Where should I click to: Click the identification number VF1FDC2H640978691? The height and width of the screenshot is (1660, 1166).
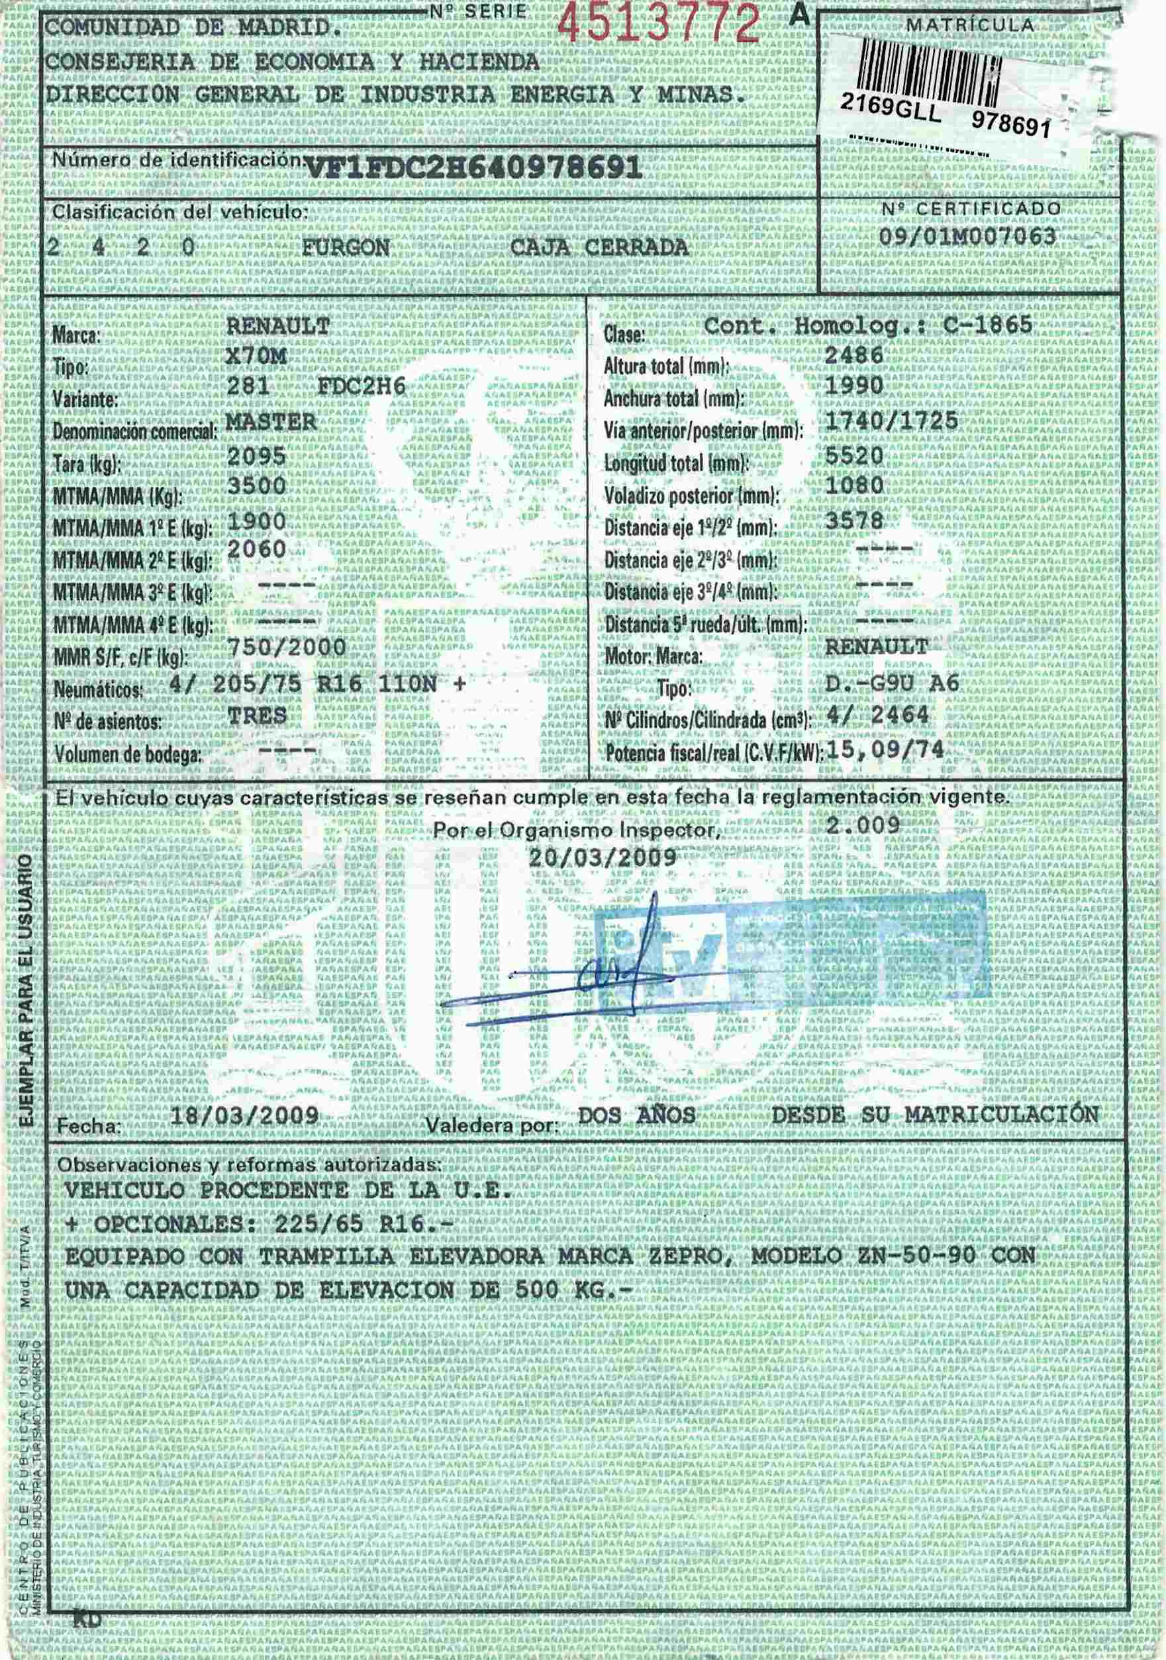(475, 169)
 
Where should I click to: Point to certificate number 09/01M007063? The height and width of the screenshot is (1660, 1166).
(968, 236)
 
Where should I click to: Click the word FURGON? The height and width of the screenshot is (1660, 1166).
(346, 248)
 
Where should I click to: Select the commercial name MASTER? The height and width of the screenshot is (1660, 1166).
(271, 422)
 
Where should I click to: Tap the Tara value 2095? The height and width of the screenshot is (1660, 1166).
(257, 457)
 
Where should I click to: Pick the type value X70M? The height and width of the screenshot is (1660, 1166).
(256, 357)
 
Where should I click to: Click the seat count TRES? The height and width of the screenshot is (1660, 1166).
(257, 716)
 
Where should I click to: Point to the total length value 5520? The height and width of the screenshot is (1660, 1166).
(854, 455)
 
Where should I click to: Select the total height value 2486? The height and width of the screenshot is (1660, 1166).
(854, 355)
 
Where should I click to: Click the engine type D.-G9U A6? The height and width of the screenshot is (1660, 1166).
(893, 683)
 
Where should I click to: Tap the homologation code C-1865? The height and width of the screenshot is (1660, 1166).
(987, 326)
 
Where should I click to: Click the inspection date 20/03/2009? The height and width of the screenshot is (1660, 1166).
(603, 857)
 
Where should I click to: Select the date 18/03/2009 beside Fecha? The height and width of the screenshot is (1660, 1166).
(244, 1115)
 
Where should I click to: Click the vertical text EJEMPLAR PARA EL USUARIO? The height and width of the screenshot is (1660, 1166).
(25, 991)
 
